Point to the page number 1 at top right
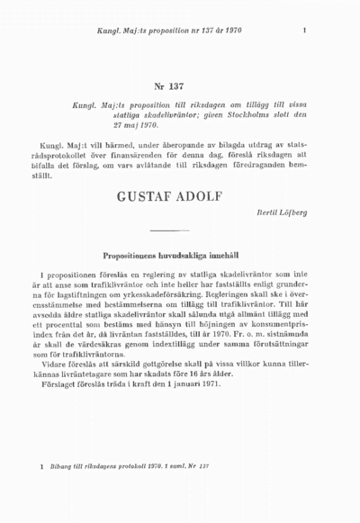coord(305,32)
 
